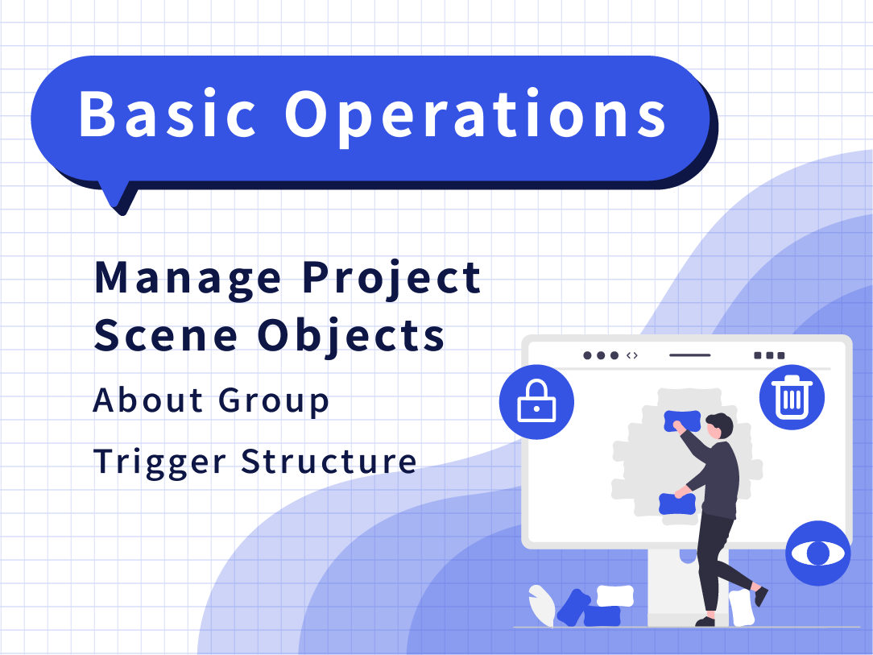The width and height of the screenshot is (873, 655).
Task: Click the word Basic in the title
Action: tap(167, 114)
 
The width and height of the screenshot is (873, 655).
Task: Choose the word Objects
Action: tap(351, 338)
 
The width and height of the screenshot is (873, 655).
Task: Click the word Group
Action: tap(273, 401)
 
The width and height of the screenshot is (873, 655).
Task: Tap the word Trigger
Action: tap(159, 462)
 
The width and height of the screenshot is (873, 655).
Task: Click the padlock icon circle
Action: tap(536, 401)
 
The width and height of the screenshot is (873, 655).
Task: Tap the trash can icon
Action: tap(792, 396)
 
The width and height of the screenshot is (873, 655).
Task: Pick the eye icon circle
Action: tap(818, 553)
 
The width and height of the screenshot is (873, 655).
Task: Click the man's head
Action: tap(719, 426)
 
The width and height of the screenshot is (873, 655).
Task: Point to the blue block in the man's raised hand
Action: tap(683, 421)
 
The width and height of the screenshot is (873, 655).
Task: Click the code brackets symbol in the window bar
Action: tap(632, 355)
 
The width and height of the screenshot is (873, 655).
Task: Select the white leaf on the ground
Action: tap(541, 605)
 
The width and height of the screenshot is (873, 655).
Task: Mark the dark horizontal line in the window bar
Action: tap(690, 355)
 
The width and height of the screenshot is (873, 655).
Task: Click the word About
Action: tap(147, 400)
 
